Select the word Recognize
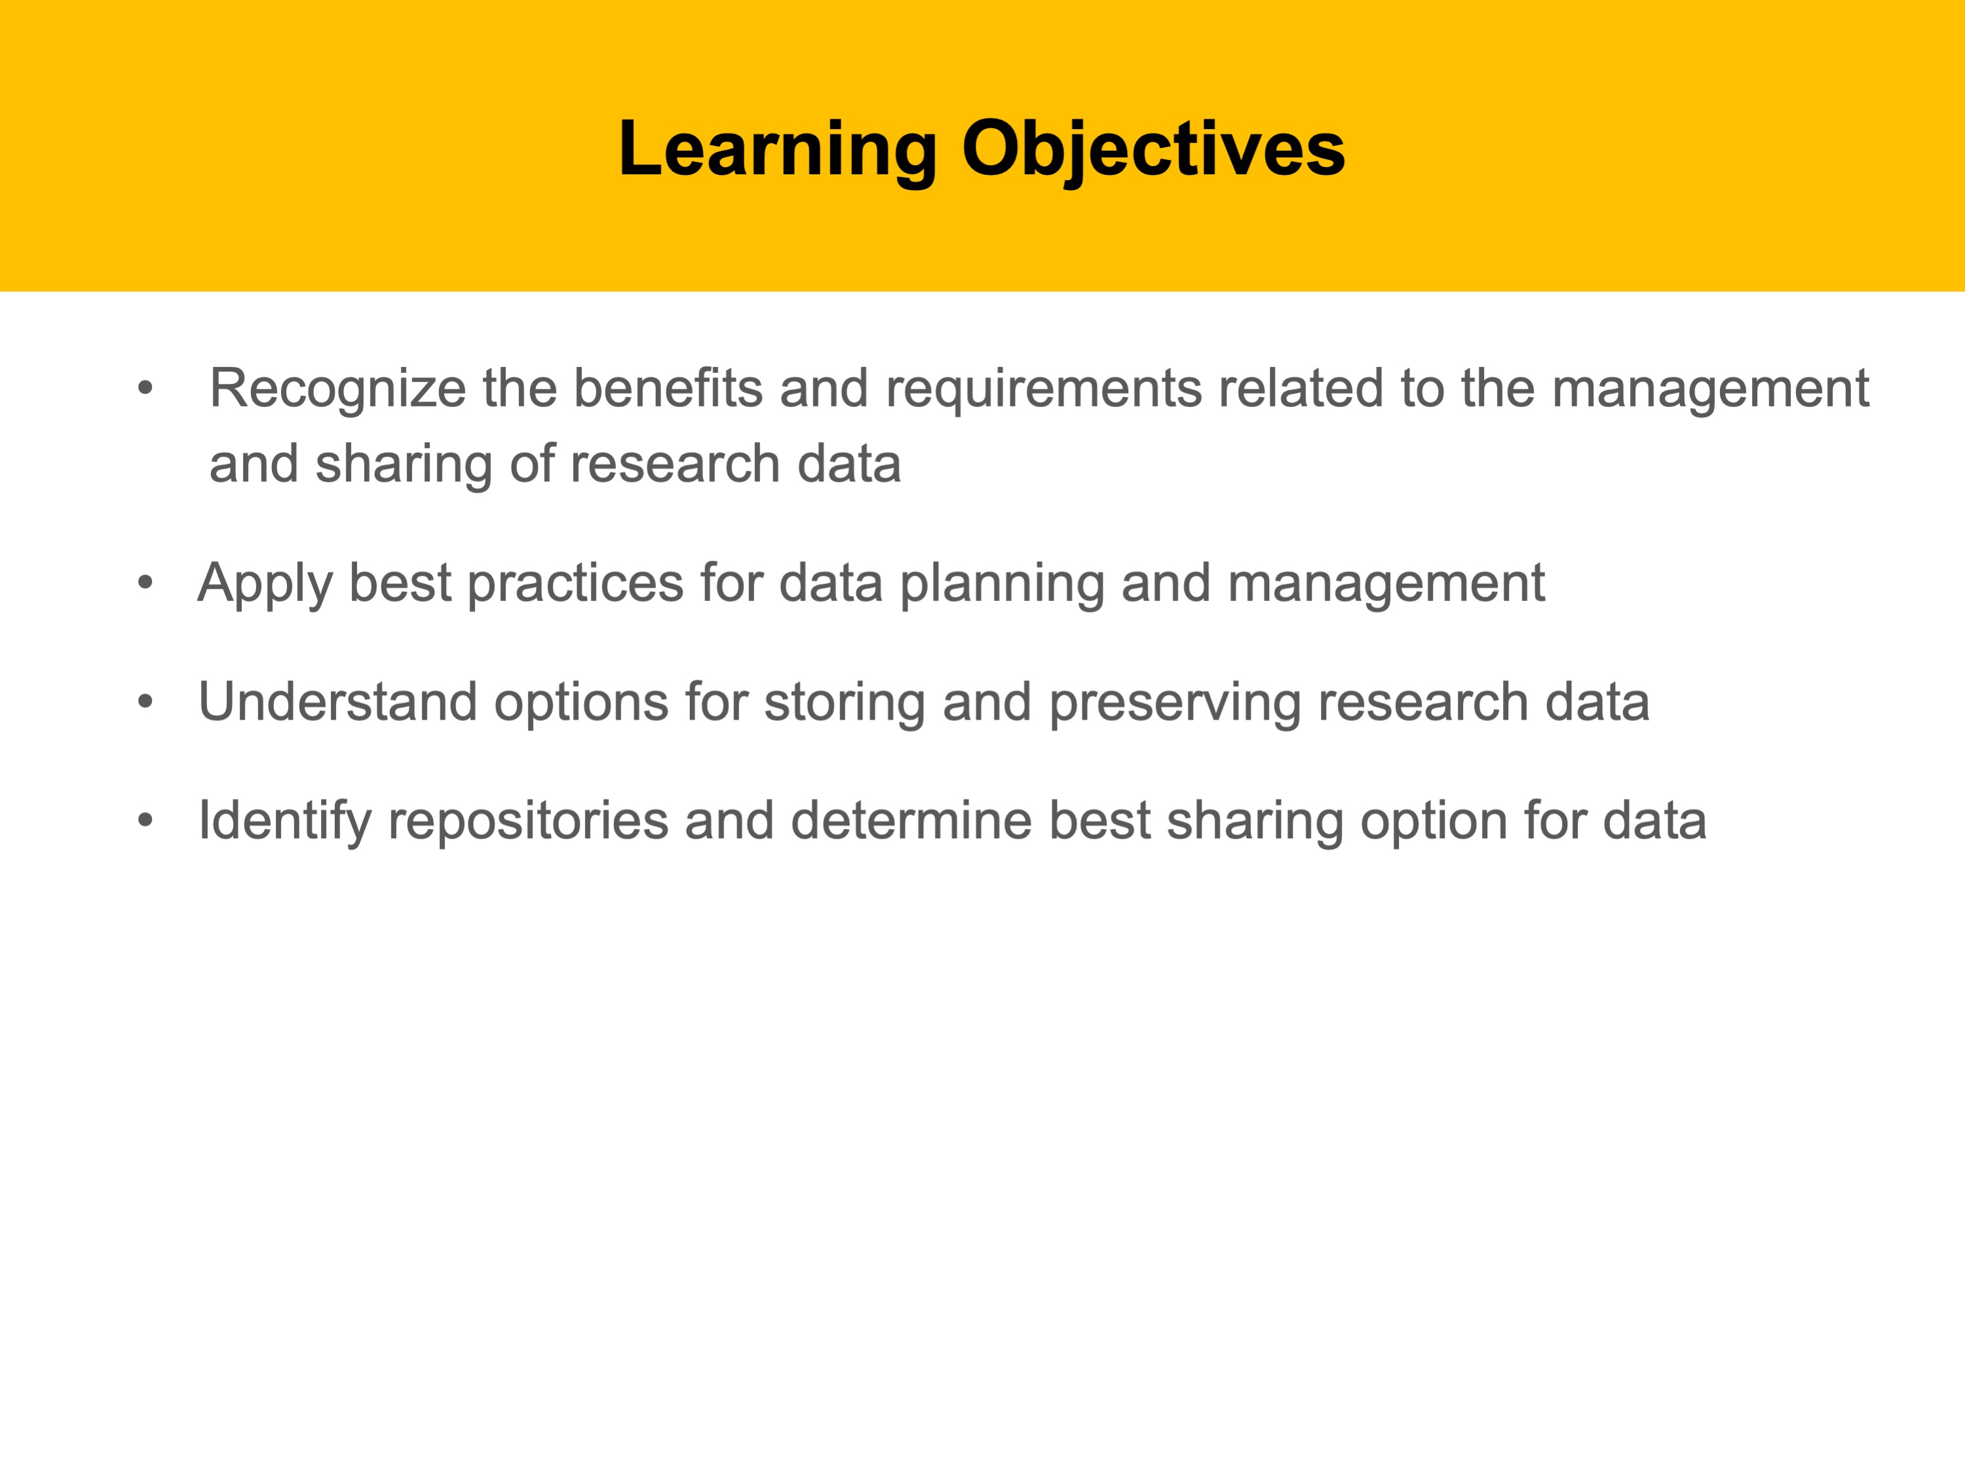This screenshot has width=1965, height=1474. [337, 390]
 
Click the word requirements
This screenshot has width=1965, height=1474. [1043, 390]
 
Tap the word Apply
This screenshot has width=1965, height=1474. [265, 585]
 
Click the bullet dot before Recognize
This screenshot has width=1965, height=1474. [145, 387]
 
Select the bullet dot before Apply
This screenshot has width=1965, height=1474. [145, 583]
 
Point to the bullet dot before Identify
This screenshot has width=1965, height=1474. [145, 820]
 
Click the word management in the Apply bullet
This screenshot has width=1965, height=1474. [1386, 585]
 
